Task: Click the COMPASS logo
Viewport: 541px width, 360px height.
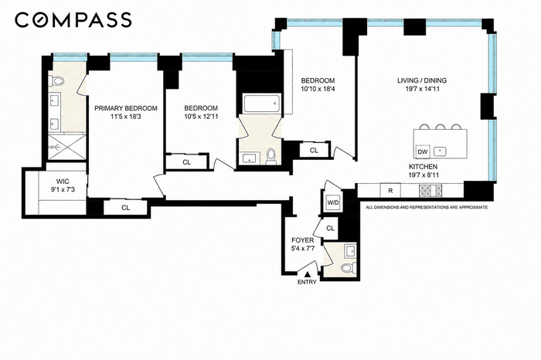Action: (x=73, y=19)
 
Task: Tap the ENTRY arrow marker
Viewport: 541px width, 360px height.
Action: (x=307, y=274)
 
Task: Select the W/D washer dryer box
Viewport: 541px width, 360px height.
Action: (x=333, y=202)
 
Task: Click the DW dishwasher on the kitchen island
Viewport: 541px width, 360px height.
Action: (x=423, y=151)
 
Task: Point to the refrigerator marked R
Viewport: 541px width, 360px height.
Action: (x=390, y=190)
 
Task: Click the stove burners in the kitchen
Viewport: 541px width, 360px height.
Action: (x=430, y=190)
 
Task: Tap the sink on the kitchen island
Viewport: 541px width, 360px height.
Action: (x=440, y=151)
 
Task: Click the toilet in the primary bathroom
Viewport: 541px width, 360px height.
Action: (x=57, y=81)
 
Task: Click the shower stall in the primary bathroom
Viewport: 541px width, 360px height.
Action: (x=66, y=147)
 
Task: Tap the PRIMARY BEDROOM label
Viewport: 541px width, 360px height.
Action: (x=126, y=108)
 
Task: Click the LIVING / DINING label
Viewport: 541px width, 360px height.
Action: (x=422, y=80)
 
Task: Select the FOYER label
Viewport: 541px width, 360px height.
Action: (x=303, y=240)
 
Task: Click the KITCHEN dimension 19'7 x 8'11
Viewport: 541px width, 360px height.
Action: (x=424, y=175)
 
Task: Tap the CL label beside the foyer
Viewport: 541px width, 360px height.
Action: (x=330, y=228)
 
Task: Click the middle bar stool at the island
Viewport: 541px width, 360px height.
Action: (x=441, y=127)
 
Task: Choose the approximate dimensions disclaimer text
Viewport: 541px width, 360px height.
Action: (x=427, y=208)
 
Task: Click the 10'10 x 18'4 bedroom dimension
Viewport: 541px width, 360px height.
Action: (x=318, y=89)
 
